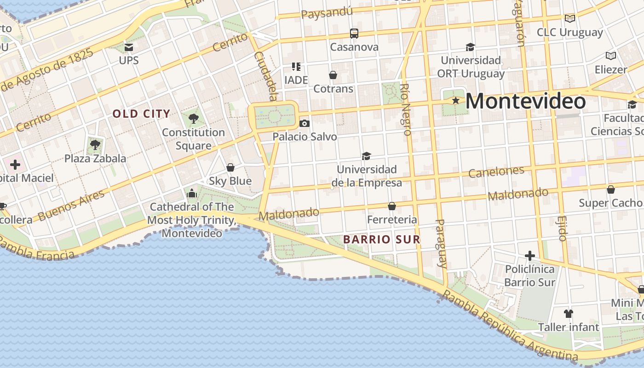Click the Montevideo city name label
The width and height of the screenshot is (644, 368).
[525, 101]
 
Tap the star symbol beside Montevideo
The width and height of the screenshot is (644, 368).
[455, 100]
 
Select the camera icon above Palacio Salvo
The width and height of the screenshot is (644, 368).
[304, 123]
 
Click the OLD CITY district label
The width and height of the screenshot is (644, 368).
[141, 114]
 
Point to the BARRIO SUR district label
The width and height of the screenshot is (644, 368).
[382, 239]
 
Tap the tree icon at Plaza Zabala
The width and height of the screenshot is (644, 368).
[95, 145]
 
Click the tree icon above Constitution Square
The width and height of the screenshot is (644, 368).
[194, 119]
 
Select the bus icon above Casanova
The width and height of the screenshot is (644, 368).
[354, 33]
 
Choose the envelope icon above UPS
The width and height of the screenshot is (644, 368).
[129, 47]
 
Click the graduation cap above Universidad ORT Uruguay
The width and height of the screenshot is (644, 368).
[470, 47]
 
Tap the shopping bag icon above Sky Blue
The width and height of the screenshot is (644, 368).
[230, 167]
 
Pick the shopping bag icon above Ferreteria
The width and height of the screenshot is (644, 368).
[392, 206]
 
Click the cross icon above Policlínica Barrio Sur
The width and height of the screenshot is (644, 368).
[530, 255]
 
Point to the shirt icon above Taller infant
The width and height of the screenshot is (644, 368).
[569, 314]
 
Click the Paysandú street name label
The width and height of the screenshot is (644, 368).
[327, 12]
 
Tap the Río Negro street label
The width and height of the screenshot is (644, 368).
[405, 109]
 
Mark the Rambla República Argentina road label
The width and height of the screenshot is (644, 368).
[508, 328]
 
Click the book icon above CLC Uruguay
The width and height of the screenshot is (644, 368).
[570, 18]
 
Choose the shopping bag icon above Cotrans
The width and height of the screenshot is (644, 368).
[333, 75]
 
